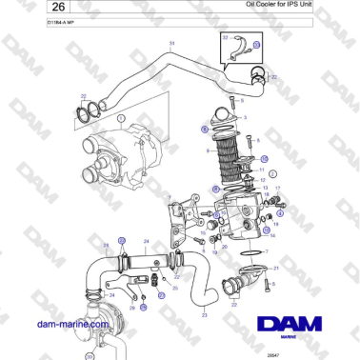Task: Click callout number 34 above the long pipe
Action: point(171,45)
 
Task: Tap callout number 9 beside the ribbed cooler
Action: point(209,150)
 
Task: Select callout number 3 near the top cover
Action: point(247,117)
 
